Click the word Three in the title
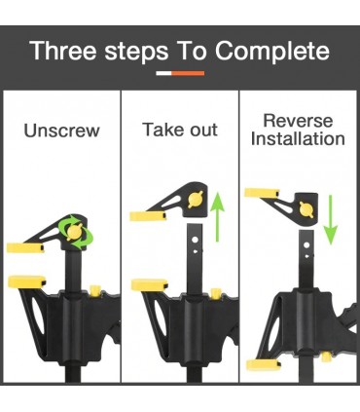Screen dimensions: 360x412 click(63, 51)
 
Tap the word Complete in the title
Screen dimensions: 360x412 click(272, 52)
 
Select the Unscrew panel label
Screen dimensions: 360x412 click(61, 131)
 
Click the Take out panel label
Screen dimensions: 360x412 click(180, 130)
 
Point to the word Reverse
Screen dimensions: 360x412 click(298, 121)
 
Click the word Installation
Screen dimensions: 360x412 click(298, 138)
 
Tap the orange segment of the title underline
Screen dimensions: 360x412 click(188, 73)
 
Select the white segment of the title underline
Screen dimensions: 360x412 click(163, 73)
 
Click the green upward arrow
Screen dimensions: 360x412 click(217, 216)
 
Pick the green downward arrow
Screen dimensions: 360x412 click(331, 219)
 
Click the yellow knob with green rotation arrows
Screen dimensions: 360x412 click(75, 232)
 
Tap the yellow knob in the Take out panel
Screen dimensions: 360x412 click(196, 200)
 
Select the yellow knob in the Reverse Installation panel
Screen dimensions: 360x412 click(306, 209)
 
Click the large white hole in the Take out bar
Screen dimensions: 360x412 click(195, 241)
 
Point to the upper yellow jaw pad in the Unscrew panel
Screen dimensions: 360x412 click(25, 248)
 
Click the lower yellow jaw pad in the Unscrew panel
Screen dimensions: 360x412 click(27, 281)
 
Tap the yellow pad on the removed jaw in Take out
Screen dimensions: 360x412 click(148, 216)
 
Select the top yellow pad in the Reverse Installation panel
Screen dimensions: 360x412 click(262, 193)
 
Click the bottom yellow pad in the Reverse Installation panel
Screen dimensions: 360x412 click(264, 365)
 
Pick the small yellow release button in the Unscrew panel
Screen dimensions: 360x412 click(94, 291)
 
